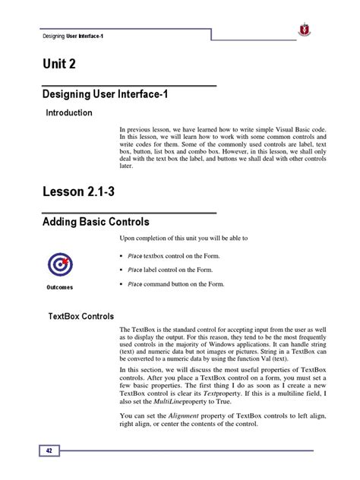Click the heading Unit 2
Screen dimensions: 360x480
(x=60, y=68)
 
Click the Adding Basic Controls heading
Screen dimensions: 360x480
(x=94, y=222)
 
